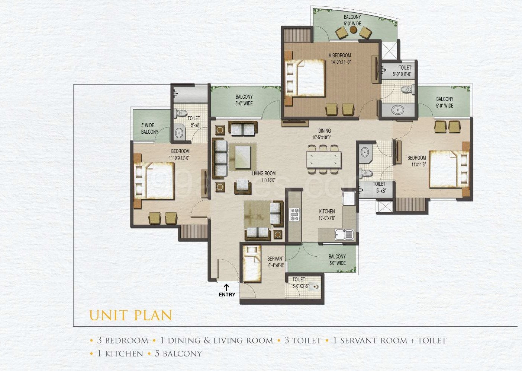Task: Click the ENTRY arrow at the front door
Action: point(226,287)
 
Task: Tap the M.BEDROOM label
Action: point(339,56)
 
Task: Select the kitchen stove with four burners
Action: point(294,214)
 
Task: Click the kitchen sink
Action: point(344,235)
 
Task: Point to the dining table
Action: point(324,159)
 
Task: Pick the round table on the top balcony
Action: point(353,30)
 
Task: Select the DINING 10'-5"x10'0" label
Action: point(324,134)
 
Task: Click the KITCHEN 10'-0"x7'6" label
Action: point(327,215)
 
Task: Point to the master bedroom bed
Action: point(305,78)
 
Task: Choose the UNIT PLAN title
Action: point(130,315)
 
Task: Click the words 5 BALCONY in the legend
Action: point(178,354)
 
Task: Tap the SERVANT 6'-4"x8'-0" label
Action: point(275,262)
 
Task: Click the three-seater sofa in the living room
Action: point(220,158)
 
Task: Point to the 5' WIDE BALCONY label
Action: point(149,129)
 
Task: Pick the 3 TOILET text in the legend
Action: point(303,340)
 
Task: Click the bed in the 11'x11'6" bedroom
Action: point(449,169)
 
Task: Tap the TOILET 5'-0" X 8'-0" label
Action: point(402,71)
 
